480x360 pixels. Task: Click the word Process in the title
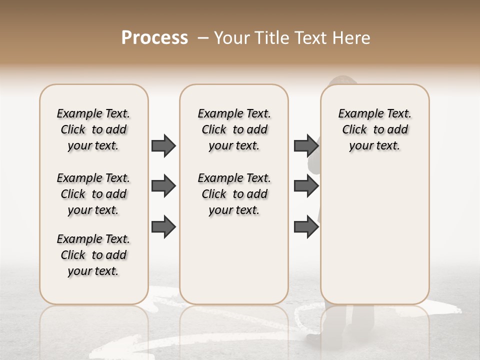point(154,38)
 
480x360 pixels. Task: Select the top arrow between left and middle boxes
point(163,145)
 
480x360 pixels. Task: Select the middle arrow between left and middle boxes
point(163,186)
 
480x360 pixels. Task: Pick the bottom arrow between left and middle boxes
point(163,226)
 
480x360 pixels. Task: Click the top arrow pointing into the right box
point(306,145)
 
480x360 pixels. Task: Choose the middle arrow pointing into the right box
point(306,186)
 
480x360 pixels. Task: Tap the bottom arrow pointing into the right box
point(306,226)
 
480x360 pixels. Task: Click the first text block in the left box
point(93,129)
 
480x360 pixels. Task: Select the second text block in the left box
point(93,194)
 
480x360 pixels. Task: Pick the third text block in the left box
point(93,255)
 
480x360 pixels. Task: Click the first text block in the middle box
point(234,129)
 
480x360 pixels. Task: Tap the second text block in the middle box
point(234,194)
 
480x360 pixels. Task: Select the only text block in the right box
point(374,129)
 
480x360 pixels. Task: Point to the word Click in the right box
point(354,130)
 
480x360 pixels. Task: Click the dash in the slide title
point(203,38)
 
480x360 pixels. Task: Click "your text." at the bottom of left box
point(93,271)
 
